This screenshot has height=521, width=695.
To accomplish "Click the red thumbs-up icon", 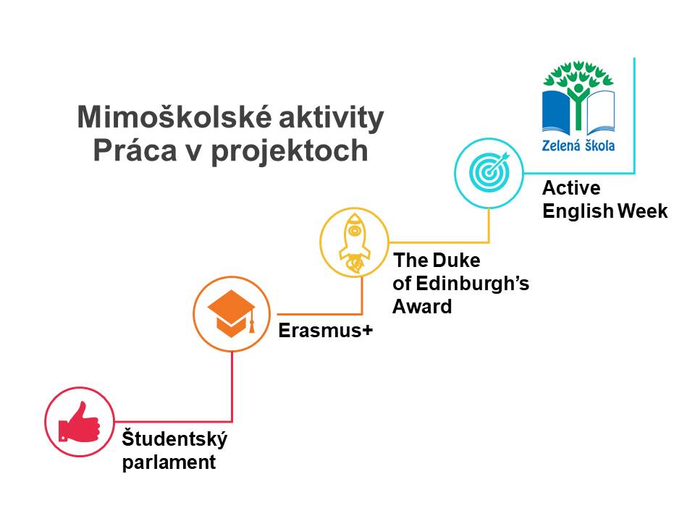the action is click(x=80, y=423).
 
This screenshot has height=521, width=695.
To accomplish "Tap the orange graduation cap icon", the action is click(x=232, y=313).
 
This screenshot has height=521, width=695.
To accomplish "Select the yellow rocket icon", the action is click(x=355, y=243).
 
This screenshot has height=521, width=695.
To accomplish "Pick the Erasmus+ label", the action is click(x=326, y=331).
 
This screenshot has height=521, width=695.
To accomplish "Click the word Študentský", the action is click(x=174, y=439).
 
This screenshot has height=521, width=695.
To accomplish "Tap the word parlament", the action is click(x=169, y=462).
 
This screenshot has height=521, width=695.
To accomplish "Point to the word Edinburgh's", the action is click(x=473, y=284).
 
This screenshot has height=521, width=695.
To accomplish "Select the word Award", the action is click(x=422, y=307).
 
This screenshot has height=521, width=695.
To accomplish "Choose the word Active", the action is click(x=571, y=188).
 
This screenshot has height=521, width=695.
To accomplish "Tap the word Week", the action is click(x=643, y=211).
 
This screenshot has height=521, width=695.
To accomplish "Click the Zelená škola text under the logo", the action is click(x=578, y=145).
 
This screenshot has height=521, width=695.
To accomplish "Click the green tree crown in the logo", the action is click(x=578, y=74).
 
